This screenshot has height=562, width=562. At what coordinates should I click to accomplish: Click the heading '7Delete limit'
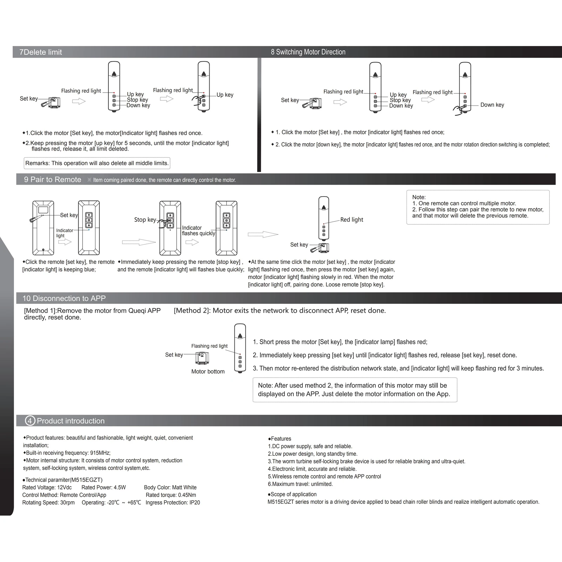coord(41,52)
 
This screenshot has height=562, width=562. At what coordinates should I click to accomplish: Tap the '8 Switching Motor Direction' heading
coord(308,52)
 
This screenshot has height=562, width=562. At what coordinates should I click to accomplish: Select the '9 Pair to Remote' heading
coord(52,179)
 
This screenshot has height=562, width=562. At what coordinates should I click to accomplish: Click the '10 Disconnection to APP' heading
coord(64,298)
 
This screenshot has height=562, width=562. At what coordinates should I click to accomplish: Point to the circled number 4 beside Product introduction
coord(30,421)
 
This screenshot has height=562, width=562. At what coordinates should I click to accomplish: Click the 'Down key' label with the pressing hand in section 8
coord(492,105)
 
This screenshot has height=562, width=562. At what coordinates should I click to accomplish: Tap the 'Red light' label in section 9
coord(351,220)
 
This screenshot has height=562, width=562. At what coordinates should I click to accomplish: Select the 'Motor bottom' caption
coord(208,371)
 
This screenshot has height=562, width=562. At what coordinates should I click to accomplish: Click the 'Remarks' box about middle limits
coord(97,163)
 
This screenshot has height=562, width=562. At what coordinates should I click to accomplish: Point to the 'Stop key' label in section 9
coord(145,220)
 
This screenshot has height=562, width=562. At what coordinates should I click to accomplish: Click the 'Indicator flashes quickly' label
coord(198,231)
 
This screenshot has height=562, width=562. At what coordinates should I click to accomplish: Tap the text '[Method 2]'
coord(192,311)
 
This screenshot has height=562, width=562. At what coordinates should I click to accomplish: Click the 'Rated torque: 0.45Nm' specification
coord(171,495)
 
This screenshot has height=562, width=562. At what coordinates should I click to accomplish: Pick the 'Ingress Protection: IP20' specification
coord(173,503)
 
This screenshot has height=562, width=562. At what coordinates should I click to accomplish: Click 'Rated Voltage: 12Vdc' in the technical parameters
coord(47,488)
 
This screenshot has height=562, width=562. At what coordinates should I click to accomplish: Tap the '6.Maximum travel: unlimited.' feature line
coord(300,484)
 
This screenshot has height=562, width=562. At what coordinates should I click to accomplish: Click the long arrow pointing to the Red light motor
coord(263,234)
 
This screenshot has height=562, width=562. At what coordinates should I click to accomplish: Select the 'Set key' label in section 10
coord(174,355)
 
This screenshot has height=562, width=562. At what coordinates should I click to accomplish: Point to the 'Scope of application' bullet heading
coord(292,494)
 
